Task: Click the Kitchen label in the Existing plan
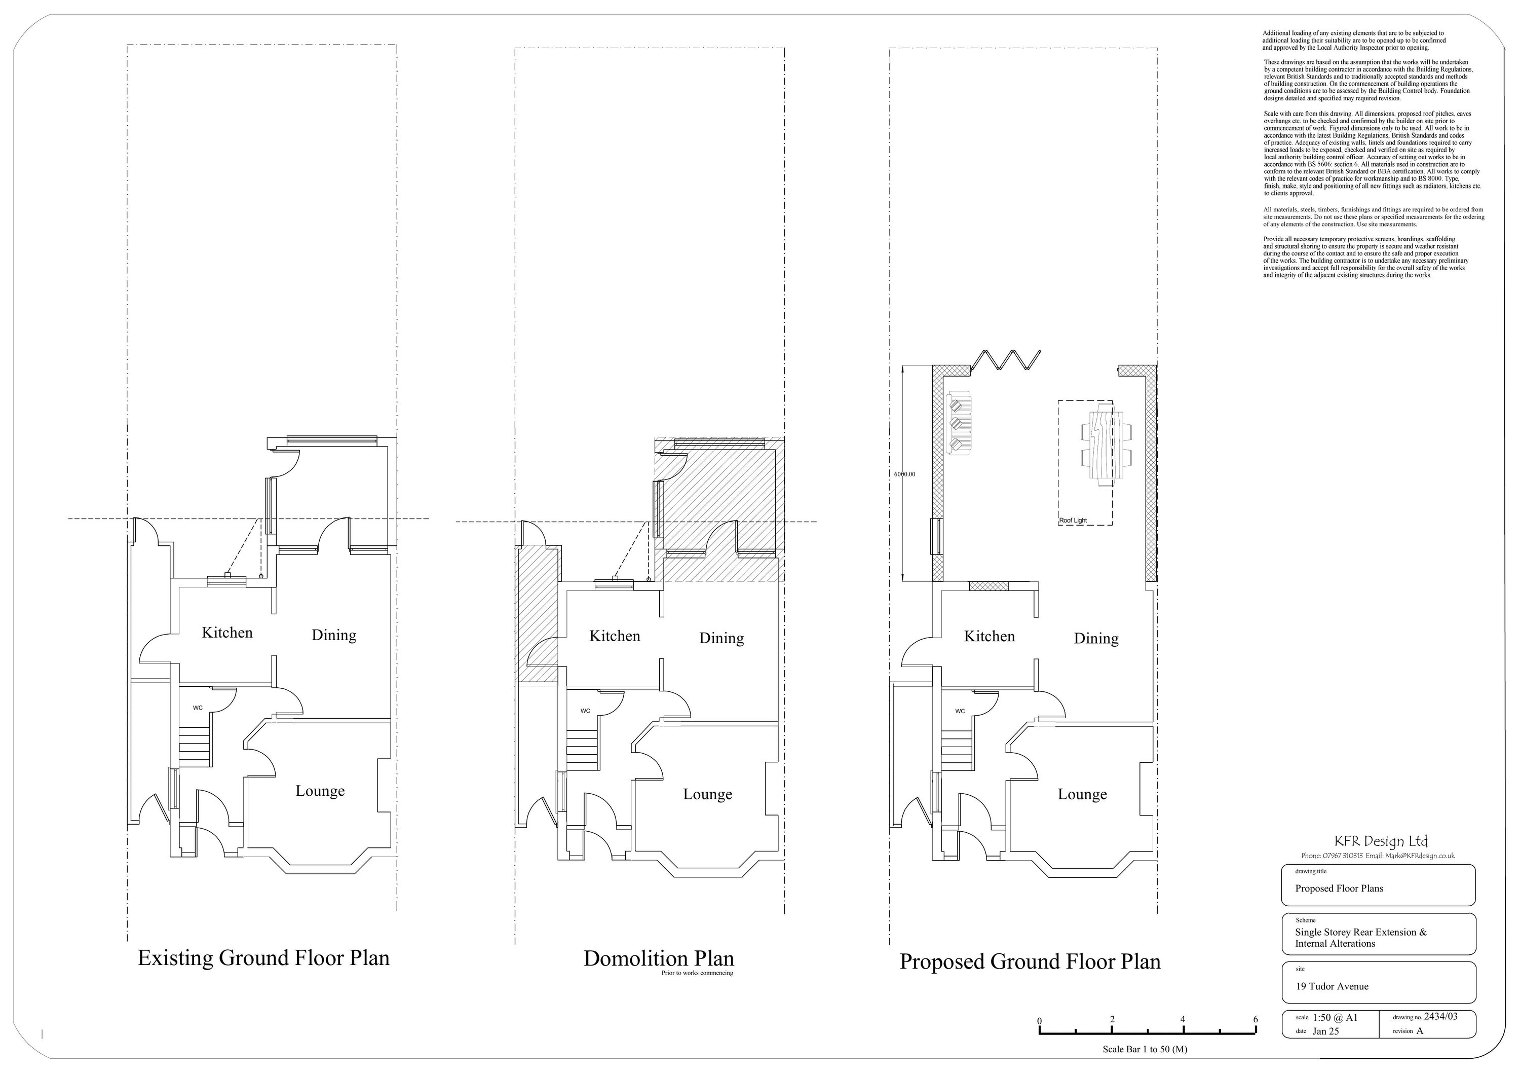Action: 227,633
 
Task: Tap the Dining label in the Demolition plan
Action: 721,638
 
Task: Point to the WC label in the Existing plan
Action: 198,708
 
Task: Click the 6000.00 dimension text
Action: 904,474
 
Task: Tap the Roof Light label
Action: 1073,521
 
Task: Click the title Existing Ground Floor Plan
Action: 263,957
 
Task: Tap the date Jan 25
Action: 1325,1031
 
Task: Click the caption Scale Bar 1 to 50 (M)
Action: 1145,1049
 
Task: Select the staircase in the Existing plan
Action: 195,746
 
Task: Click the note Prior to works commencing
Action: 697,973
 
